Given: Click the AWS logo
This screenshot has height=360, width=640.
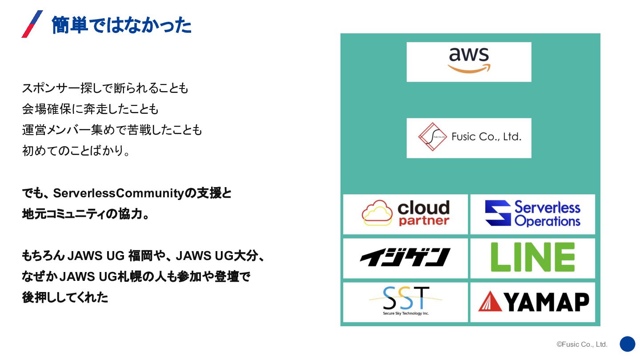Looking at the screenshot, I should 469,61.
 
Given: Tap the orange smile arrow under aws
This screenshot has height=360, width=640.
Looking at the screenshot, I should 469,69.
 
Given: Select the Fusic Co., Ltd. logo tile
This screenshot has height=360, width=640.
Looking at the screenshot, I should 469,138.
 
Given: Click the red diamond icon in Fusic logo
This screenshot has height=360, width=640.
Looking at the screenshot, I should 432,137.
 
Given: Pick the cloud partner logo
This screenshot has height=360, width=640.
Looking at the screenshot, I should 405,214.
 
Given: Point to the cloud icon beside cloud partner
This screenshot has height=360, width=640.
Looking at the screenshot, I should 377,213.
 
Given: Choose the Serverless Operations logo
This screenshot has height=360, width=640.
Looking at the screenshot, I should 532,214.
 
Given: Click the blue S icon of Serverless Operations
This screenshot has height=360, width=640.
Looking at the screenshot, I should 498,213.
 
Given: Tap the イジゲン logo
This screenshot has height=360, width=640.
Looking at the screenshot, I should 405,257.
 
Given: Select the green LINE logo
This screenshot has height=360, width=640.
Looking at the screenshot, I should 532,257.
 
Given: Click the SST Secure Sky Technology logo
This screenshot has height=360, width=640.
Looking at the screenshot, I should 405,301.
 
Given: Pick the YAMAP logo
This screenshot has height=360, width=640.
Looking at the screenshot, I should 532,302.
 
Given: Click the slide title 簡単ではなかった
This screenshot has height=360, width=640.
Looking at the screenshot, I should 121,25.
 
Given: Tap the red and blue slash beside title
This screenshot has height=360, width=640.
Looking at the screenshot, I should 32,24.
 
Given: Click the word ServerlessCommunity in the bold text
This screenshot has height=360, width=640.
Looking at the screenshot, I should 118,194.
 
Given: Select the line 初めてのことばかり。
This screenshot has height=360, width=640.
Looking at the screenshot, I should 76,151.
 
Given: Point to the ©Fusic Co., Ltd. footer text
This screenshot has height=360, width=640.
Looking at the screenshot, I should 582,344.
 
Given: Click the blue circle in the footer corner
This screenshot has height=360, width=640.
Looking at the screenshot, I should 628,344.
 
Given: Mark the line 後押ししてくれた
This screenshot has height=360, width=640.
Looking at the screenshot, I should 65,297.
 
